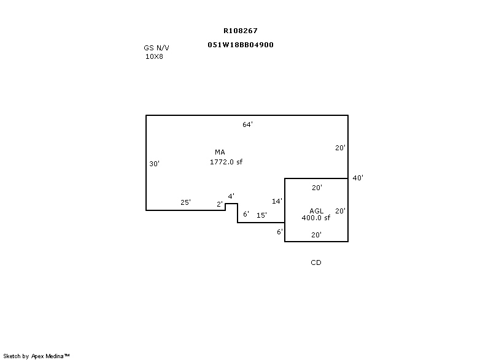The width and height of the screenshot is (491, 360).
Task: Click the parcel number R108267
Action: click(241, 31)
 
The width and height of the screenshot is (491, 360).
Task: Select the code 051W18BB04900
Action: click(241, 45)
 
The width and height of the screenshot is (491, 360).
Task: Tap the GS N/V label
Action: click(157, 48)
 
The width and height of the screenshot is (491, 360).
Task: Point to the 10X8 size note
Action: click(154, 56)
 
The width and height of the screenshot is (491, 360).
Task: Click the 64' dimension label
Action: click(247, 124)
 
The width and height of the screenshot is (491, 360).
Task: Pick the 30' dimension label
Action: click(154, 164)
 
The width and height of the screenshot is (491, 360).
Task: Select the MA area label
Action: click(220, 152)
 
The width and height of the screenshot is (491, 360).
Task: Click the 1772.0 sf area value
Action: click(226, 162)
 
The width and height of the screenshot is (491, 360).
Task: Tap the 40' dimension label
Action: click(358, 178)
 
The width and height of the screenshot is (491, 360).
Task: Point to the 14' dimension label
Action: click(277, 201)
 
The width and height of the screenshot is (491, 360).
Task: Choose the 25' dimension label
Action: click(185, 202)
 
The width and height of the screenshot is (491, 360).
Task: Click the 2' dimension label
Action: click(220, 204)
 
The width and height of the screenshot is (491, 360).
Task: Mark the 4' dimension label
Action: click(231, 196)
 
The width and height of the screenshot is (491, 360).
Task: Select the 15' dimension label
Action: click(261, 215)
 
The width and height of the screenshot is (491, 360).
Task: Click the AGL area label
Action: click(316, 211)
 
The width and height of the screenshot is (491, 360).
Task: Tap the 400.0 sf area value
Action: click(315, 218)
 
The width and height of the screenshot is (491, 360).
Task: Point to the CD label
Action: click(316, 262)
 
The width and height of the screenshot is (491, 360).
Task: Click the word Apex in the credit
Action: click(37, 356)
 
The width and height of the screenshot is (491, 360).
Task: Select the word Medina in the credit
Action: click(55, 356)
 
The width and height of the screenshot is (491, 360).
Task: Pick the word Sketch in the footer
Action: click(12, 356)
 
